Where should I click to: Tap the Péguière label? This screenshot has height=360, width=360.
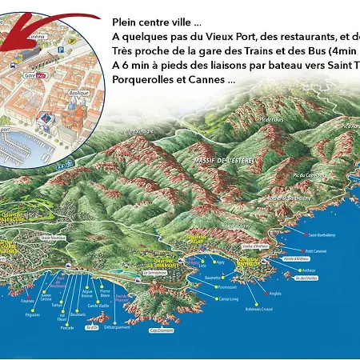coord(33,315)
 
